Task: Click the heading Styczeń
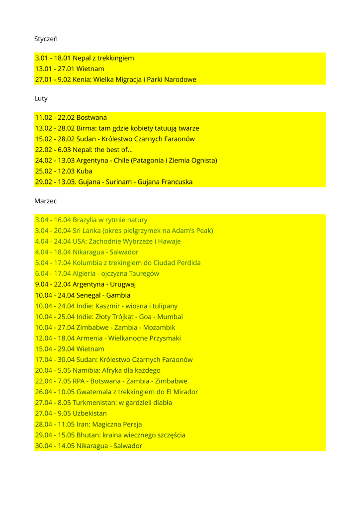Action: click(46, 39)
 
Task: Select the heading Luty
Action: click(41, 98)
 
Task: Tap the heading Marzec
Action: click(46, 201)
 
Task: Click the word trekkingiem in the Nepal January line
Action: click(115, 58)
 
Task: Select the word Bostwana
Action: click(91, 118)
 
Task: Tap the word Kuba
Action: click(85, 171)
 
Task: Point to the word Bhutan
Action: click(88, 435)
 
